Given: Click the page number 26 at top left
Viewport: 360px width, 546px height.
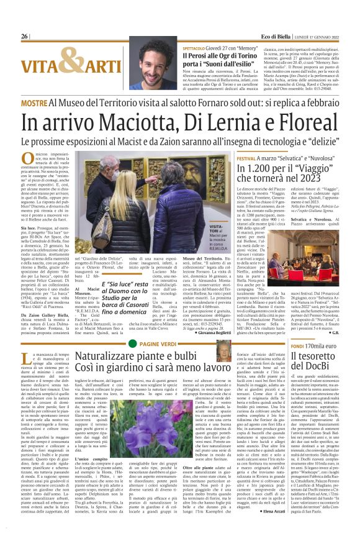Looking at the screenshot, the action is [x=24, y=37].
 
